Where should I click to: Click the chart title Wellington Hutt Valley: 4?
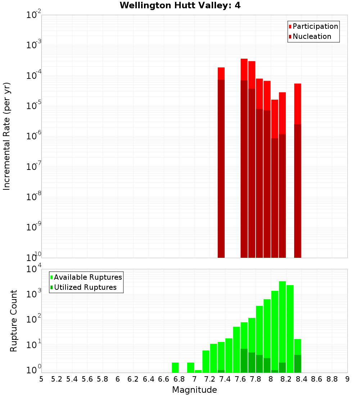tap(180, 5)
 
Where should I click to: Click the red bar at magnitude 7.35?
tap(221, 73)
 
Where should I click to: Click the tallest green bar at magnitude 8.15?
tap(282, 324)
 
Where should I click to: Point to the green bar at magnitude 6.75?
tap(175, 368)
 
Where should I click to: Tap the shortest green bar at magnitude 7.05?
tap(198, 371)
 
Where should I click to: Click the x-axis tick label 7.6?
tap(240, 379)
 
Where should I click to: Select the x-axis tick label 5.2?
tap(57, 379)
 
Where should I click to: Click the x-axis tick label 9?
tap(347, 379)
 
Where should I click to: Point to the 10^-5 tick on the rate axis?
tap(34, 106)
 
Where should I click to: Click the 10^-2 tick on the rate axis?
tap(34, 15)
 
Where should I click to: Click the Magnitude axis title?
tap(194, 390)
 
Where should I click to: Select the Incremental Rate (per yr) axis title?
tap(7, 136)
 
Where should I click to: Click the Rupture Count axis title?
tap(14, 321)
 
